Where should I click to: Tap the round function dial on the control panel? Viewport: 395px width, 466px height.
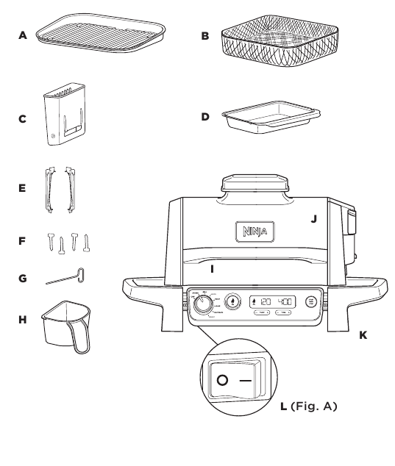coord(199,304)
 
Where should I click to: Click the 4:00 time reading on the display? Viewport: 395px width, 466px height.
coord(285,301)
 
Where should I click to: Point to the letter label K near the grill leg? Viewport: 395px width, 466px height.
coord(361,334)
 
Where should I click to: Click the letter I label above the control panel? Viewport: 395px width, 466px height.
coord(213,269)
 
